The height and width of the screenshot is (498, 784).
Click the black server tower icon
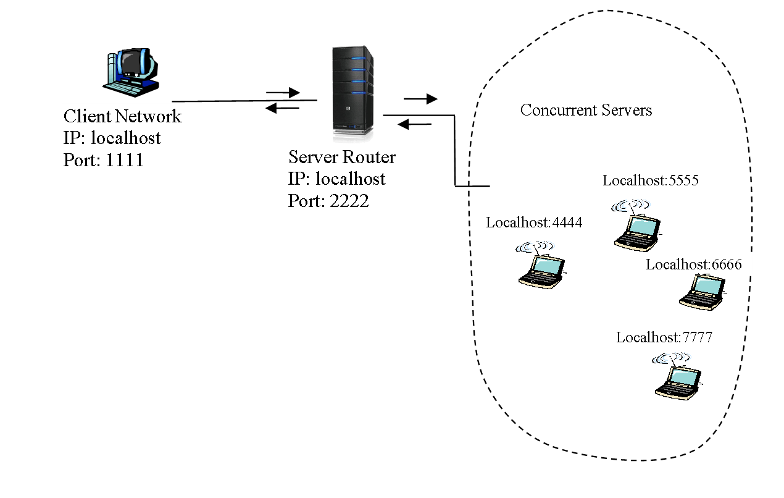[352, 90]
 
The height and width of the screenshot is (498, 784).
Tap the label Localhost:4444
[534, 223]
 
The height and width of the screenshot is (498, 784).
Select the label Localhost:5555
[651, 181]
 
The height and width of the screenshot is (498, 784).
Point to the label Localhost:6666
[694, 265]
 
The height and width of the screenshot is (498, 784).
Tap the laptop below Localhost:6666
[702, 292]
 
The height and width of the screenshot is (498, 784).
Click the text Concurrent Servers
[586, 111]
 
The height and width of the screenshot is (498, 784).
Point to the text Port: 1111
[103, 161]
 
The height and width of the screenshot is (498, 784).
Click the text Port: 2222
[328, 201]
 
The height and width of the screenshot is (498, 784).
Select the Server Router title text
[341, 157]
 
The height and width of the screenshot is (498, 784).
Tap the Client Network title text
[123, 116]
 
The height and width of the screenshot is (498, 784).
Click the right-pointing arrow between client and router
[282, 93]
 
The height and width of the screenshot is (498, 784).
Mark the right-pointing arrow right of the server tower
[420, 99]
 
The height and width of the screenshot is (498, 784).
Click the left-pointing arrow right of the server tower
[414, 125]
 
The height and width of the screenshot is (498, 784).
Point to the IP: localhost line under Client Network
[112, 138]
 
